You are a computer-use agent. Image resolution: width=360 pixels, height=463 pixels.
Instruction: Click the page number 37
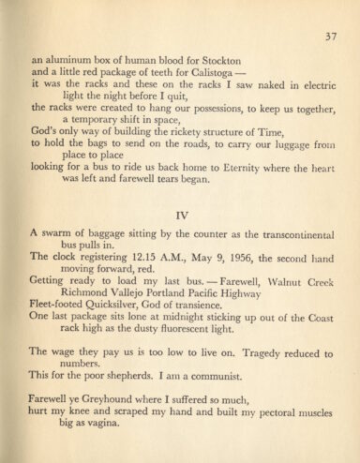pyautogui.click(x=331, y=37)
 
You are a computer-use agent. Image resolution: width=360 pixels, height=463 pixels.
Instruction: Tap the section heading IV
pyautogui.click(x=184, y=215)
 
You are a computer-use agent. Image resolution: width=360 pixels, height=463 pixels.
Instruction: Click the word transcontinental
pyautogui.click(x=284, y=236)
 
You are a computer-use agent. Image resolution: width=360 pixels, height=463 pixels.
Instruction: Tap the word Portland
pyautogui.click(x=191, y=303)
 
